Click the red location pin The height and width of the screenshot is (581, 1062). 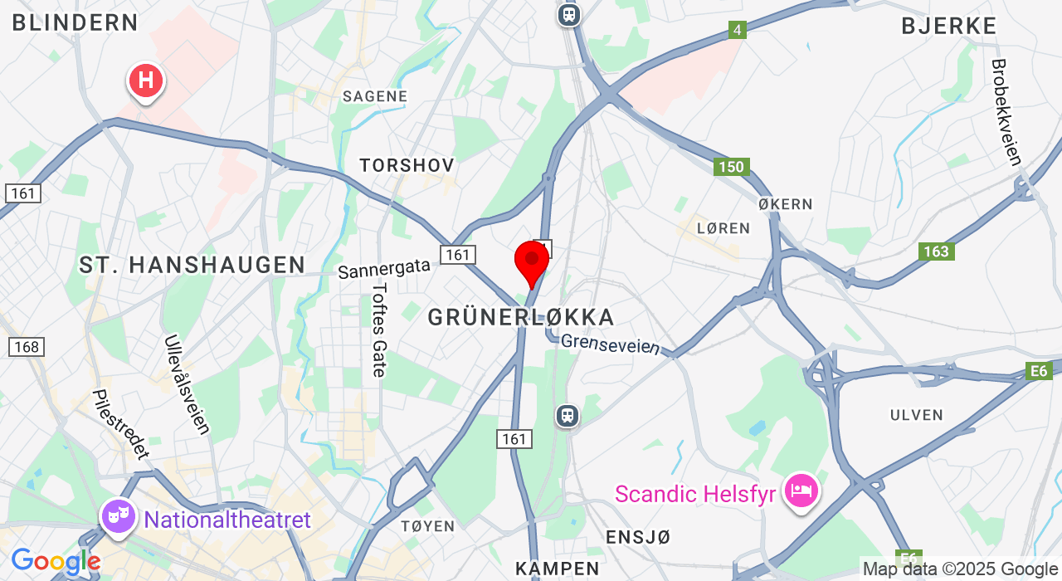coord(531,261)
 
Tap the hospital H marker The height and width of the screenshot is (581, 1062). coord(146,81)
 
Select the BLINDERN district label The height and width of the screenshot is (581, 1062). coord(75,22)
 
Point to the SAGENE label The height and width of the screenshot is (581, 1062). coord(375,96)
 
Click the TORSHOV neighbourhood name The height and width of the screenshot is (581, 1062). coord(407,166)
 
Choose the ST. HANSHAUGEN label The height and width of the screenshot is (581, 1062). coord(192,265)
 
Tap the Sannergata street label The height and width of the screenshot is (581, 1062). coord(384,268)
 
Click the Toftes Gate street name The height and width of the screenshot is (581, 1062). coord(379,330)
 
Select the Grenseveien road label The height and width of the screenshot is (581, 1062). coord(611,344)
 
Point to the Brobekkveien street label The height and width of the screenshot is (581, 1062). coord(1006,112)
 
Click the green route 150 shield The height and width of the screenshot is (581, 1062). coord(731,167)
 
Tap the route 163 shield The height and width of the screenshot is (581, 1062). coord(936,251)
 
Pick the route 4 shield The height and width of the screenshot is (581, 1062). coord(736,31)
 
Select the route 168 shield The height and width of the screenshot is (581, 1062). coord(26,347)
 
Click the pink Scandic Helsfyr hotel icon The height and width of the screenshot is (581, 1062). coord(801,491)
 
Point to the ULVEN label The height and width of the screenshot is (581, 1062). coord(917,415)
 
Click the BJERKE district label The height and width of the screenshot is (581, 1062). coord(949,27)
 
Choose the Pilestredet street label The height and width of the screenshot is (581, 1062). coord(121,424)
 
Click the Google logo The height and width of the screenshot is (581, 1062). coord(55,562)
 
